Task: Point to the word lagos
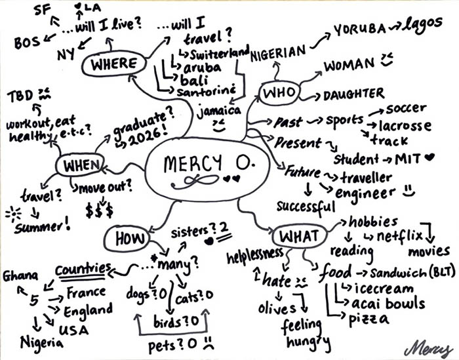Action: (422, 26)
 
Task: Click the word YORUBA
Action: (360, 30)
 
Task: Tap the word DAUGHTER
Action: (353, 94)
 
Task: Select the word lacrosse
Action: (405, 126)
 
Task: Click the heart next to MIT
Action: (429, 157)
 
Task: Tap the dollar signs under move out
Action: (99, 210)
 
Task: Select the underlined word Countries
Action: (83, 269)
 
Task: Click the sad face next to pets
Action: (208, 343)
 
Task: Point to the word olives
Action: (277, 308)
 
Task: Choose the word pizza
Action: (369, 319)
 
